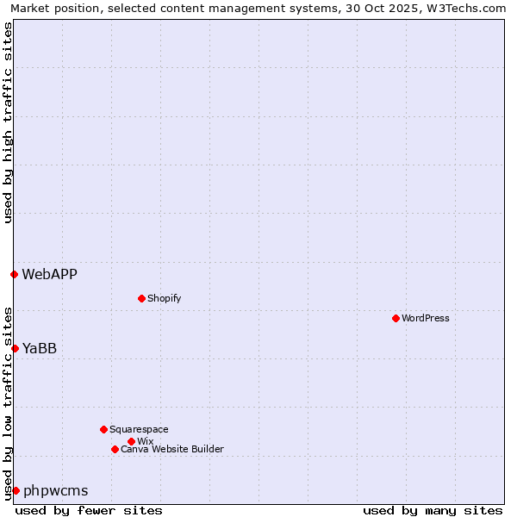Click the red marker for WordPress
tap(396, 318)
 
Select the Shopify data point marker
tap(141, 298)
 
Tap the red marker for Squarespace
tap(103, 429)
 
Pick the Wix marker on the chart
tap(131, 441)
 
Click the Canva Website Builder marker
tap(115, 449)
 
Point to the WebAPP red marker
tap(14, 274)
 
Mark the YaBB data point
tap(15, 348)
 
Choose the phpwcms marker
tap(16, 490)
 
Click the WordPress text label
tap(426, 318)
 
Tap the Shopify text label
tap(165, 298)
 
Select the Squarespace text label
tap(140, 429)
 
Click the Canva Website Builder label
tap(172, 449)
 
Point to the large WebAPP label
tap(50, 274)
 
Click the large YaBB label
tap(40, 348)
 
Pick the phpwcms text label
tap(56, 490)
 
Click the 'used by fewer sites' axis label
tap(89, 510)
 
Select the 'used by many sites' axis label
tap(433, 510)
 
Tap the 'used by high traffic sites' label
tap(8, 122)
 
